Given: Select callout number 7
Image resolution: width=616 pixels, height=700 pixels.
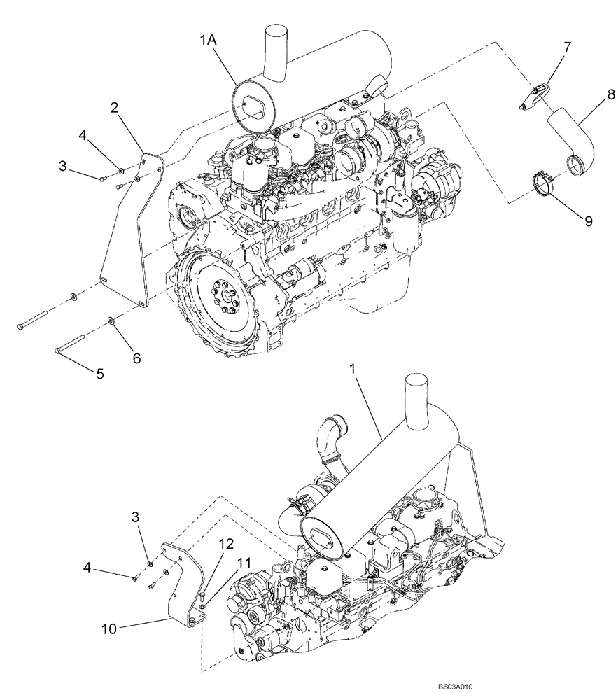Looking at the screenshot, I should [x=567, y=48].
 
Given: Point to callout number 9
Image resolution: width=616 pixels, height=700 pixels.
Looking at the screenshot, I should [x=588, y=220].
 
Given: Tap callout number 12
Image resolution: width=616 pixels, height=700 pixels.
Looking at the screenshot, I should [x=225, y=542].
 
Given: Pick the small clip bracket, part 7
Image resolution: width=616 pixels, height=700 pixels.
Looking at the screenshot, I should [x=536, y=97].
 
